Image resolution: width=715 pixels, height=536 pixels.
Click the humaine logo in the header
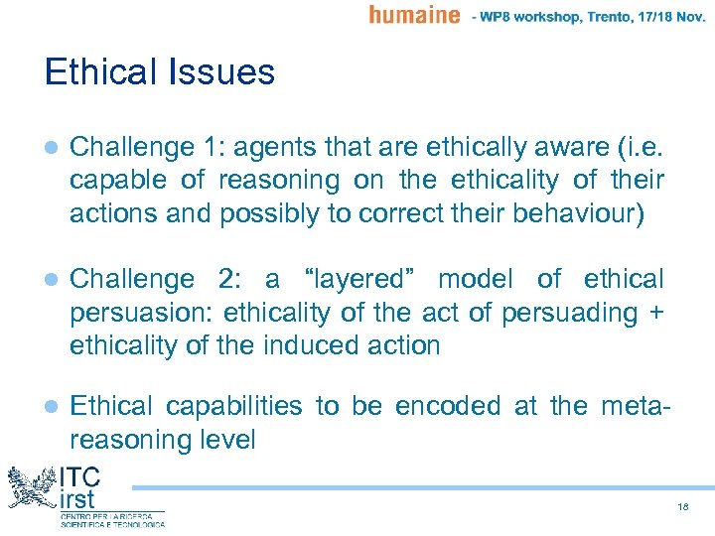414,15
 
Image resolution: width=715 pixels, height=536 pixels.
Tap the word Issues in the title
225,72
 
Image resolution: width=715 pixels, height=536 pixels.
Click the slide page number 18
682,506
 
